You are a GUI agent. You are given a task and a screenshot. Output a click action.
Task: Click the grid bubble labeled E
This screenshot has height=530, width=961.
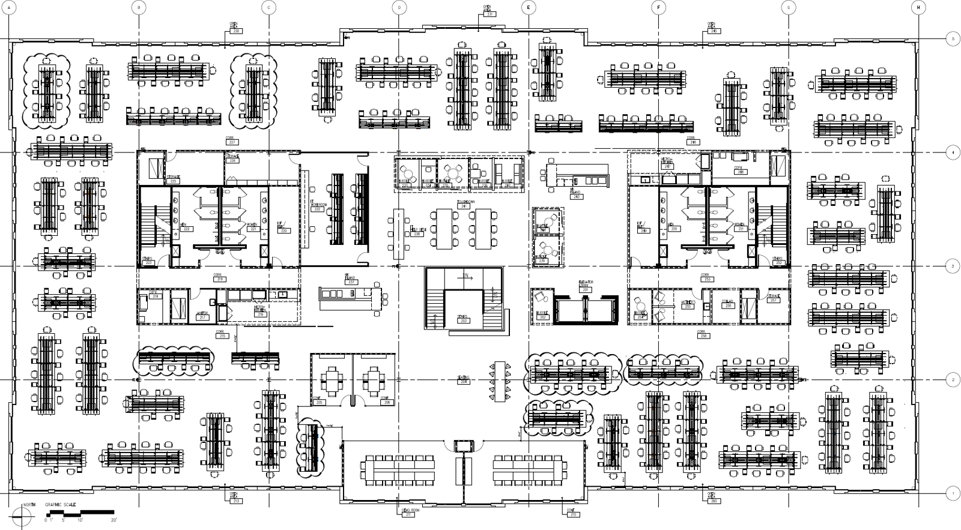[x=529, y=7]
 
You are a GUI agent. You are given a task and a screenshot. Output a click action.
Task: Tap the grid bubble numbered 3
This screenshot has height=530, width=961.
[x=952, y=266]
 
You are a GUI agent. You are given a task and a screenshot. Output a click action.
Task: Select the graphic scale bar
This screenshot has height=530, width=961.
[x=80, y=513]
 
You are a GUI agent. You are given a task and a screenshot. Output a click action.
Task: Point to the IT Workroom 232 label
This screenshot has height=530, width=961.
[x=318, y=208]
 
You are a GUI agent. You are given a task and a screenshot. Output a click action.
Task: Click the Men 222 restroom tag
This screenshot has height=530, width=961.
[x=186, y=227]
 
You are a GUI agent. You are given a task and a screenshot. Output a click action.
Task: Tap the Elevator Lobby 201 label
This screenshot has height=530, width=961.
[x=585, y=287]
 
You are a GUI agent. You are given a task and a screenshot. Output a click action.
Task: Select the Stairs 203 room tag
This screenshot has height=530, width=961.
[x=464, y=319]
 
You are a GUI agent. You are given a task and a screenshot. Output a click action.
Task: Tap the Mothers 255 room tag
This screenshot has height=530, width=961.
[x=688, y=304]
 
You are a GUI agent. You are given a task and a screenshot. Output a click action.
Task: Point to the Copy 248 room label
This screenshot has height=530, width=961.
[x=740, y=170]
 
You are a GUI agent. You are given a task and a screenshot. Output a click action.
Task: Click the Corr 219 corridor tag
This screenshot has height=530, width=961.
[x=220, y=278]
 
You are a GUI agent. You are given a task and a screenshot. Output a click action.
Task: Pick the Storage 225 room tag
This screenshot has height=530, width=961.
[x=174, y=179]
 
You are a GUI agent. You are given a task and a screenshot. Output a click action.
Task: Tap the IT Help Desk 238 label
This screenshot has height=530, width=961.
[x=417, y=231]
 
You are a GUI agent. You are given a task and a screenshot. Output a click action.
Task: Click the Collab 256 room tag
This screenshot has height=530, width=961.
[x=728, y=304]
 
